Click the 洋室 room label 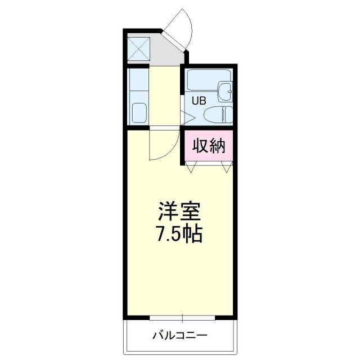point(179,212)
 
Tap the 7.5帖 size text point(179,233)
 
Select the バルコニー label point(179,336)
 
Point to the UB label point(199,101)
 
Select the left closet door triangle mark point(192,166)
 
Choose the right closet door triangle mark point(227,166)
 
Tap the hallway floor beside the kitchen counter point(165,96)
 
